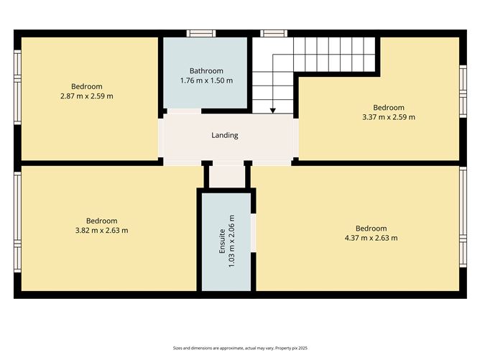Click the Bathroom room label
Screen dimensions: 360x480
click(x=206, y=70)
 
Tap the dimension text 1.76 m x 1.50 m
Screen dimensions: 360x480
click(x=206, y=80)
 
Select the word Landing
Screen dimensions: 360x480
click(x=224, y=135)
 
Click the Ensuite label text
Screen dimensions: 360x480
click(x=223, y=248)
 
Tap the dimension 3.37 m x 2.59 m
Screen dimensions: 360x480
click(x=388, y=116)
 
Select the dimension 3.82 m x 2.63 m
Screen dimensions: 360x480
click(x=101, y=230)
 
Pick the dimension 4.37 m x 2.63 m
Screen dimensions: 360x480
click(x=371, y=238)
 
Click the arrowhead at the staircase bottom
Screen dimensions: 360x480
click(x=273, y=110)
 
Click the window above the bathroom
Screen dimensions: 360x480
click(x=200, y=33)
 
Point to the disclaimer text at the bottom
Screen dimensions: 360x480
click(x=239, y=347)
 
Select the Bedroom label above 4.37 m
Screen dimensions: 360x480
click(x=371, y=229)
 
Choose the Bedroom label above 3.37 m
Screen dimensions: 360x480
click(x=388, y=107)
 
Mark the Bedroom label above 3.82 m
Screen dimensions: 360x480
click(x=101, y=221)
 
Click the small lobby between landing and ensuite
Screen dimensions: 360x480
click(x=227, y=175)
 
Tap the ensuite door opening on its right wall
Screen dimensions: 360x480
click(x=253, y=232)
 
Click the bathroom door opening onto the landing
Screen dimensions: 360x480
click(x=184, y=112)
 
